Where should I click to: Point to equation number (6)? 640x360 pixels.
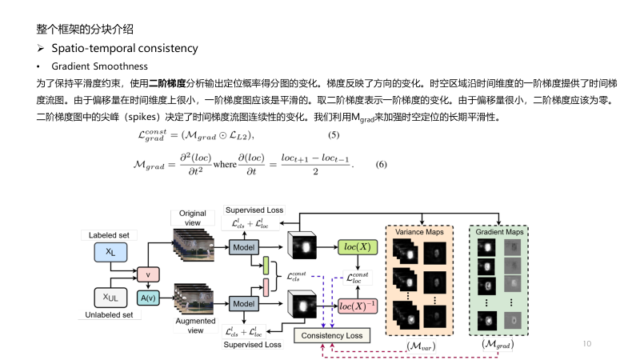(382, 165)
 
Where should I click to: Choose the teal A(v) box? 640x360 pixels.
(147, 298)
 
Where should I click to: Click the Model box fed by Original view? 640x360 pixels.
(246, 247)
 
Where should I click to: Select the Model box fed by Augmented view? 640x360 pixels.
(246, 303)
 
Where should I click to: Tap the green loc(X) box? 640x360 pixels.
(357, 246)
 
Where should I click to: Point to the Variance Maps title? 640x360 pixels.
(419, 231)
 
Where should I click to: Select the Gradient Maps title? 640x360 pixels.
(498, 231)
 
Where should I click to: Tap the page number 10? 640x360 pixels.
(587, 343)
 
